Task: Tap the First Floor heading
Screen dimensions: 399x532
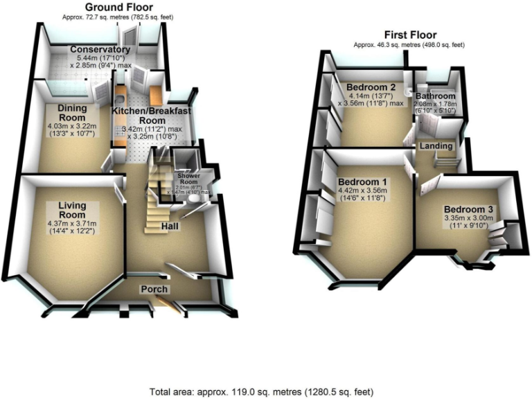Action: pyautogui.click(x=409, y=35)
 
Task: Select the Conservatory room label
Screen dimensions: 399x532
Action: pyautogui.click(x=100, y=50)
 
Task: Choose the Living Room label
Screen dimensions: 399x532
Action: pyautogui.click(x=71, y=211)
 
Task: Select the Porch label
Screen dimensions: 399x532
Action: pyautogui.click(x=154, y=289)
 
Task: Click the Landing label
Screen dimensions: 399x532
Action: pyautogui.click(x=436, y=146)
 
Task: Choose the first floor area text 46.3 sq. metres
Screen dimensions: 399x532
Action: pyautogui.click(x=409, y=44)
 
